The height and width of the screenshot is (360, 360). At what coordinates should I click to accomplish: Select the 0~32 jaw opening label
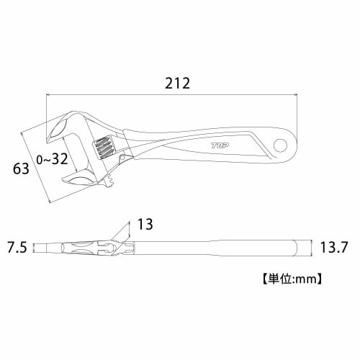tap(52, 158)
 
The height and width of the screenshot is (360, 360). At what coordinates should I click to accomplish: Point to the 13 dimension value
tap(145, 225)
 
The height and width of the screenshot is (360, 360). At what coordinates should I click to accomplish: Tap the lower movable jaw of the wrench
tap(79, 177)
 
